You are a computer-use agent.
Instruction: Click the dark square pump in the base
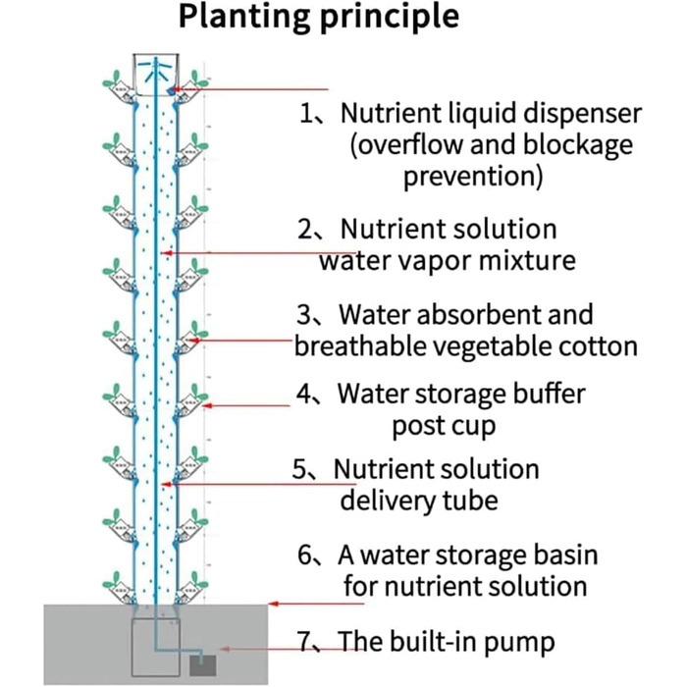[x=202, y=663]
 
